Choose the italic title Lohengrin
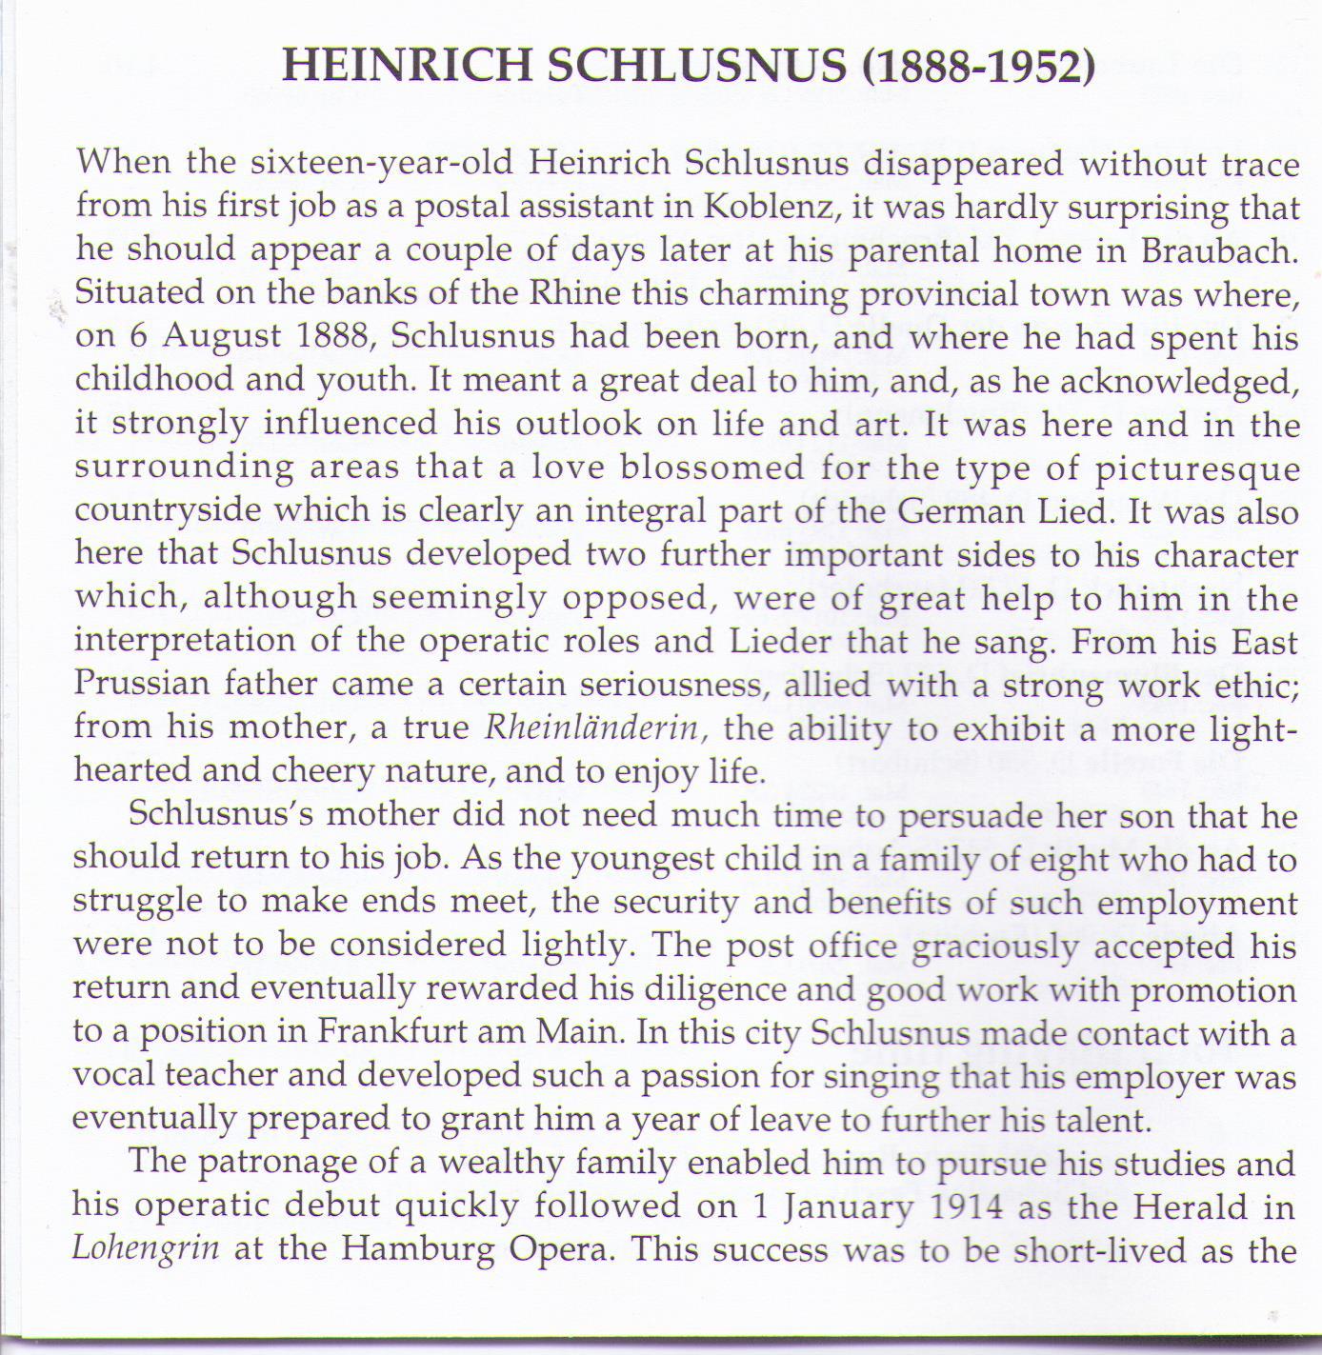pos(146,1249)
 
